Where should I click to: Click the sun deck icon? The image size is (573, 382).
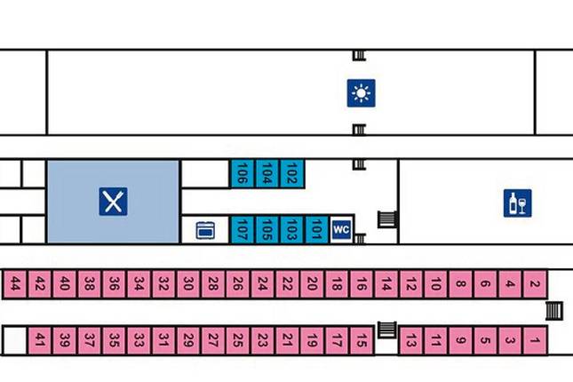[361, 92]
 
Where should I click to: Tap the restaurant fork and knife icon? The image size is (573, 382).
[113, 202]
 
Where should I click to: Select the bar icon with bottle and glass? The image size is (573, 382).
[517, 203]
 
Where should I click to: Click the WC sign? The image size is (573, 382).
[341, 229]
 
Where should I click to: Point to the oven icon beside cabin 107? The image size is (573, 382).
[205, 230]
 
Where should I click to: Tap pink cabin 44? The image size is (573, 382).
[16, 284]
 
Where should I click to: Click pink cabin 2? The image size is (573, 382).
[534, 284]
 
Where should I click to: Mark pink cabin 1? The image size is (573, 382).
[534, 338]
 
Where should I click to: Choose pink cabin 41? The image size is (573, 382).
[41, 338]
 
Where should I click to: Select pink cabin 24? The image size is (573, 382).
[262, 284]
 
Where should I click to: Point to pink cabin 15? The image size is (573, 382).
[361, 338]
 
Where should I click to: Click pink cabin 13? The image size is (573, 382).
[410, 338]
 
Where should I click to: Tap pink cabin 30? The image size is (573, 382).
[188, 284]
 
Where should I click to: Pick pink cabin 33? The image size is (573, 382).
[139, 338]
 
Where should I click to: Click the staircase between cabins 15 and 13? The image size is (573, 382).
[386, 330]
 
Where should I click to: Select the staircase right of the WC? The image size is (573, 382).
[386, 219]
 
